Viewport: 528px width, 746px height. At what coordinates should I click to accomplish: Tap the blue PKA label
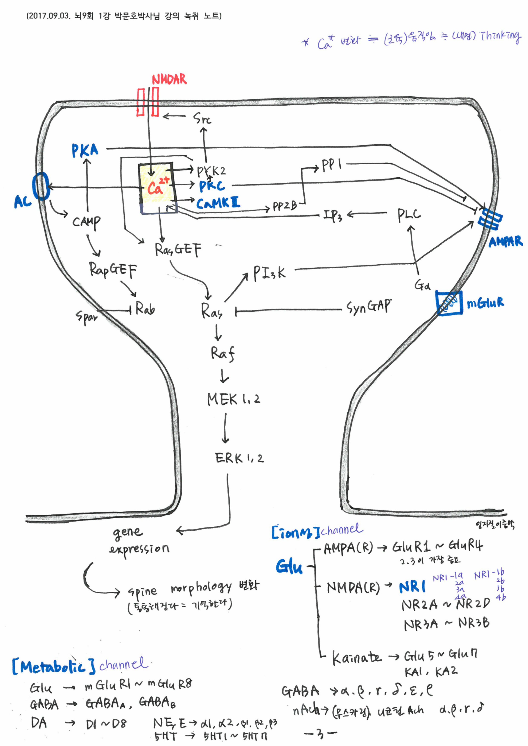(85, 151)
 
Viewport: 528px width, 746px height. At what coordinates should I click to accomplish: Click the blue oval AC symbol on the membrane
(41, 186)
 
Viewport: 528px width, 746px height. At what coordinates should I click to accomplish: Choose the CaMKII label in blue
(218, 203)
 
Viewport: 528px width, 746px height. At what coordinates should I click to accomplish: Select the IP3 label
(332, 215)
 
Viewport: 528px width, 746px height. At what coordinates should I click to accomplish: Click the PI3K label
(269, 273)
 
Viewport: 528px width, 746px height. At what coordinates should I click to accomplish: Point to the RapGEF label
(113, 270)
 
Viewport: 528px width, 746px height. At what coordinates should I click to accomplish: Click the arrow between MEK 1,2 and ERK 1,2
(225, 428)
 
